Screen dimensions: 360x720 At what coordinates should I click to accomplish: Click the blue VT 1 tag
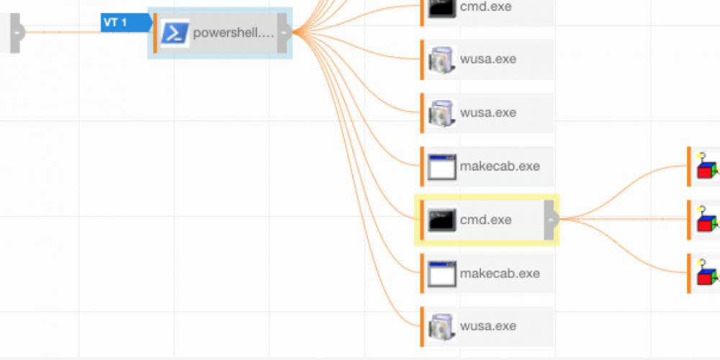click(x=125, y=23)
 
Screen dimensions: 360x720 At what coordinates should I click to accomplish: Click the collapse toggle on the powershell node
click(x=285, y=33)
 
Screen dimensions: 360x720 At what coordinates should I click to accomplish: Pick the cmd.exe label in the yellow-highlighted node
click(x=486, y=220)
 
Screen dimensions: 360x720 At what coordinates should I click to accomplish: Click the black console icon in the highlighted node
click(x=441, y=220)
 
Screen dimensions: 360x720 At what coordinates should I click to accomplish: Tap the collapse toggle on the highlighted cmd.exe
click(x=551, y=220)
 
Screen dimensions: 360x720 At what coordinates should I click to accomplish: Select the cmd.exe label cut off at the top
click(x=486, y=6)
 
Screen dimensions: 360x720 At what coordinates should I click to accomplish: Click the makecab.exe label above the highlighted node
click(x=499, y=166)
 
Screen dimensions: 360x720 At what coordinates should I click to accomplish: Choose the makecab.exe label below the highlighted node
click(x=499, y=274)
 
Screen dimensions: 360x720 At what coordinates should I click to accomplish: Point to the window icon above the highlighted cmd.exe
click(x=441, y=166)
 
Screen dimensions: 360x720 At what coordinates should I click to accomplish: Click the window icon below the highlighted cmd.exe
click(x=441, y=274)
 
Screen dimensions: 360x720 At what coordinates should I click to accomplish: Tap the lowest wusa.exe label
click(x=488, y=326)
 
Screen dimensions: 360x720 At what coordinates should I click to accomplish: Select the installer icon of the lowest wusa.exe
click(x=441, y=326)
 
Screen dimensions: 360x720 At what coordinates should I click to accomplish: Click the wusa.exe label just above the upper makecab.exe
click(x=488, y=113)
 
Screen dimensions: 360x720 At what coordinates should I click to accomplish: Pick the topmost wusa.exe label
click(x=488, y=59)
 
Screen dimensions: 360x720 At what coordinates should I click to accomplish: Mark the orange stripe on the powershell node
click(x=155, y=33)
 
